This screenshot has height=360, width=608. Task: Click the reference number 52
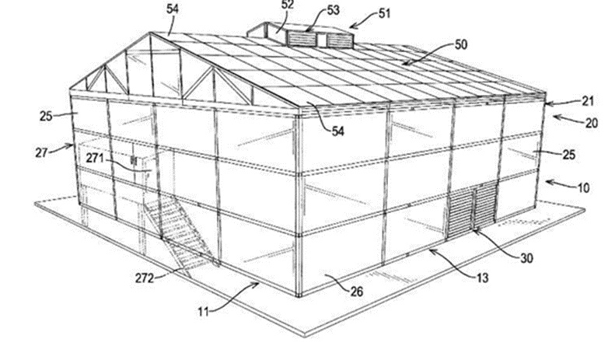coord(288,5)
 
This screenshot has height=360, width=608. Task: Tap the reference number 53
coord(333,10)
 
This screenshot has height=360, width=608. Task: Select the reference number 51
coord(384,13)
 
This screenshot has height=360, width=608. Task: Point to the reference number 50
coord(461,44)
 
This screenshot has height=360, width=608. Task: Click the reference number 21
coord(588,101)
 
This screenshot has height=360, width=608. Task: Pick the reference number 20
coord(592,124)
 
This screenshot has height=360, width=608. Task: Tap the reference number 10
coord(583,188)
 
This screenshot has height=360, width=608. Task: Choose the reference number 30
coord(526,258)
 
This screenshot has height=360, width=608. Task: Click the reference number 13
coord(482,278)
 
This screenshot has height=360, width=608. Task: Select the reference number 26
coord(357,292)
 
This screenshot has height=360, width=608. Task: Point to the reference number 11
coord(204,311)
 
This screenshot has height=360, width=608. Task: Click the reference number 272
coord(145,278)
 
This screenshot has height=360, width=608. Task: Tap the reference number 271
coord(95,158)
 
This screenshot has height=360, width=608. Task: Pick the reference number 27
coord(41,152)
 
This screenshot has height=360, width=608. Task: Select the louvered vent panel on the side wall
coord(473,209)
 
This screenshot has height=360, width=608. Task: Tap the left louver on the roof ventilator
coord(302,39)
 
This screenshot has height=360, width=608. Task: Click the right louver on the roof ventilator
coord(340,40)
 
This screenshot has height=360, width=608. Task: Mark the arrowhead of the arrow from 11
coord(256,285)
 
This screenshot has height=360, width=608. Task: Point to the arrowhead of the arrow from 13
coord(432,251)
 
